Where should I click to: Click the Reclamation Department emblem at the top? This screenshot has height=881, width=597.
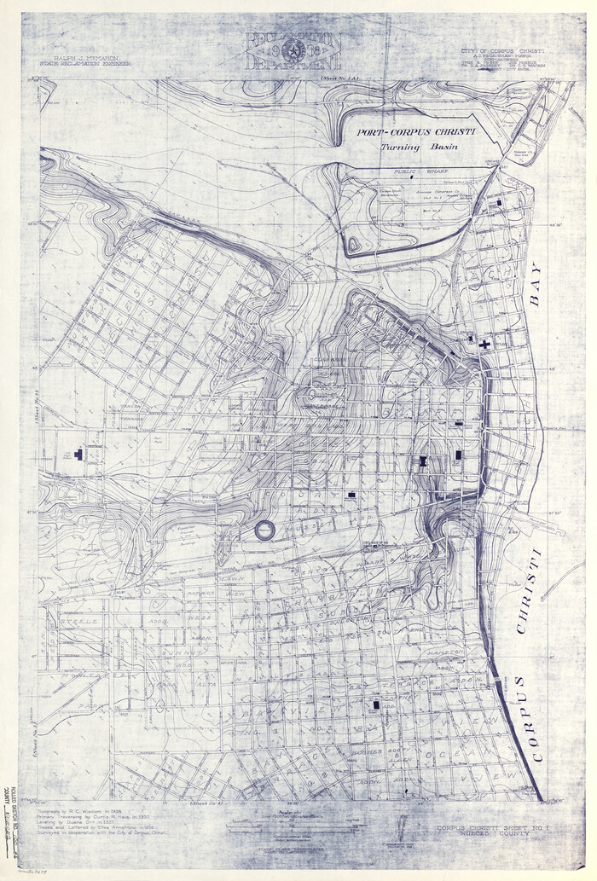294,51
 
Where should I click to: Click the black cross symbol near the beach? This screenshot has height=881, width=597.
484,345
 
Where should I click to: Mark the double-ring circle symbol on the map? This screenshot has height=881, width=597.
265,530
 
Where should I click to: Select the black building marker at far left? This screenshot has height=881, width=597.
79,455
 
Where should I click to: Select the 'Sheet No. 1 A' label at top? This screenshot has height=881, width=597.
341,77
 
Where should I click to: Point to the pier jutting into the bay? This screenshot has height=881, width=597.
549,528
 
